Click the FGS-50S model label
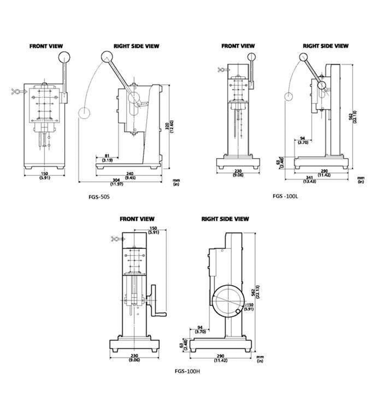point(99,197)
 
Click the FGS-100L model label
point(285,196)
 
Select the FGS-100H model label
point(187,371)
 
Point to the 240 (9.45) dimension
point(130,175)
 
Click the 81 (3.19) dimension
point(107,158)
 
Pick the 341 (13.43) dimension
point(310,179)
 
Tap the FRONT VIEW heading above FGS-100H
point(137,219)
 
